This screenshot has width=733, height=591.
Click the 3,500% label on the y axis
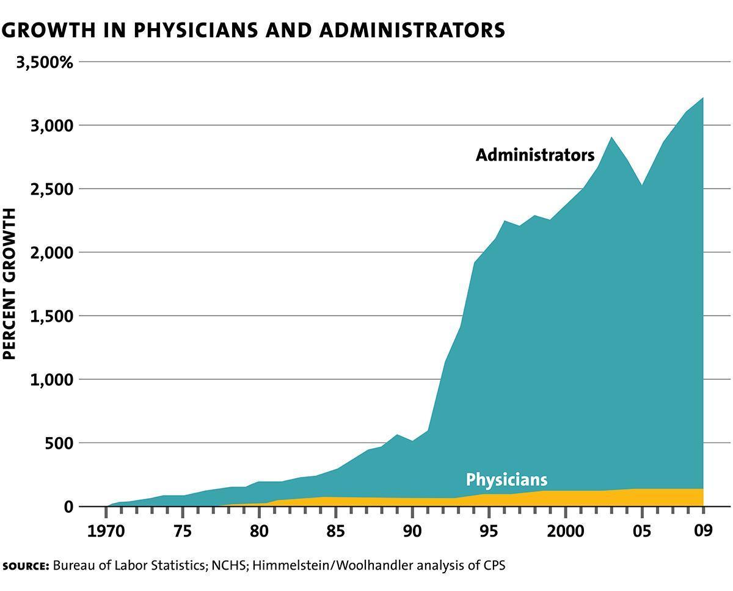(x=45, y=62)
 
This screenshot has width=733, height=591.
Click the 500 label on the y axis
(x=59, y=443)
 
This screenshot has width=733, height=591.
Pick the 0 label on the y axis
(x=68, y=507)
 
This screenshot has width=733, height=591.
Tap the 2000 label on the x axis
(x=565, y=530)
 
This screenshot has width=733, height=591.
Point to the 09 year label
(x=703, y=530)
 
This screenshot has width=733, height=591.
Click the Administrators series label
(x=534, y=155)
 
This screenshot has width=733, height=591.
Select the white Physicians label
(x=506, y=479)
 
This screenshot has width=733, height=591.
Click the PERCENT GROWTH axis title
(x=10, y=284)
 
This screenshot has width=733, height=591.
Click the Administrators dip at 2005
(x=641, y=185)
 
